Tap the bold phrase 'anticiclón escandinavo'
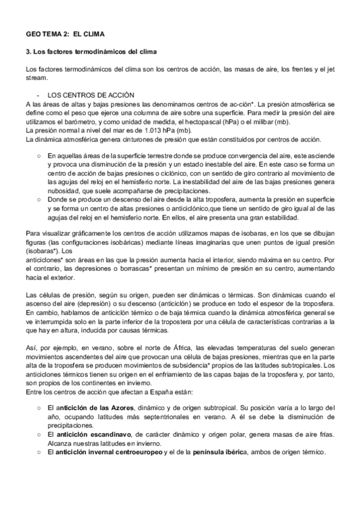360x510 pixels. pyautogui.click(x=91, y=434)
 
